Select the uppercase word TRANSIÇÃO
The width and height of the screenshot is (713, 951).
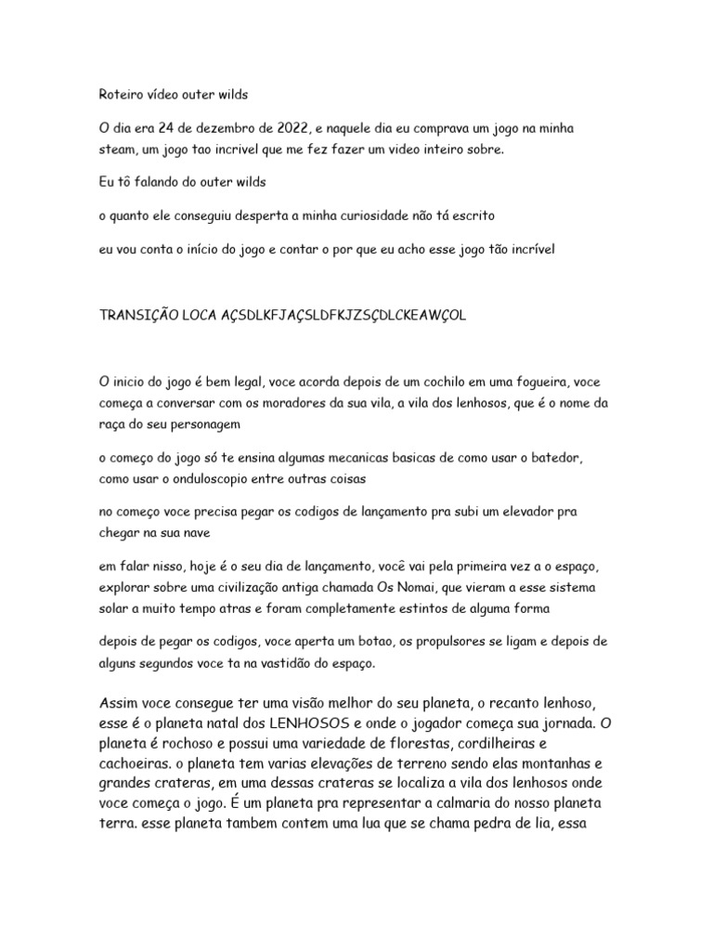point(138,316)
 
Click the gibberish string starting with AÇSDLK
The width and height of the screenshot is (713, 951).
point(343,316)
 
